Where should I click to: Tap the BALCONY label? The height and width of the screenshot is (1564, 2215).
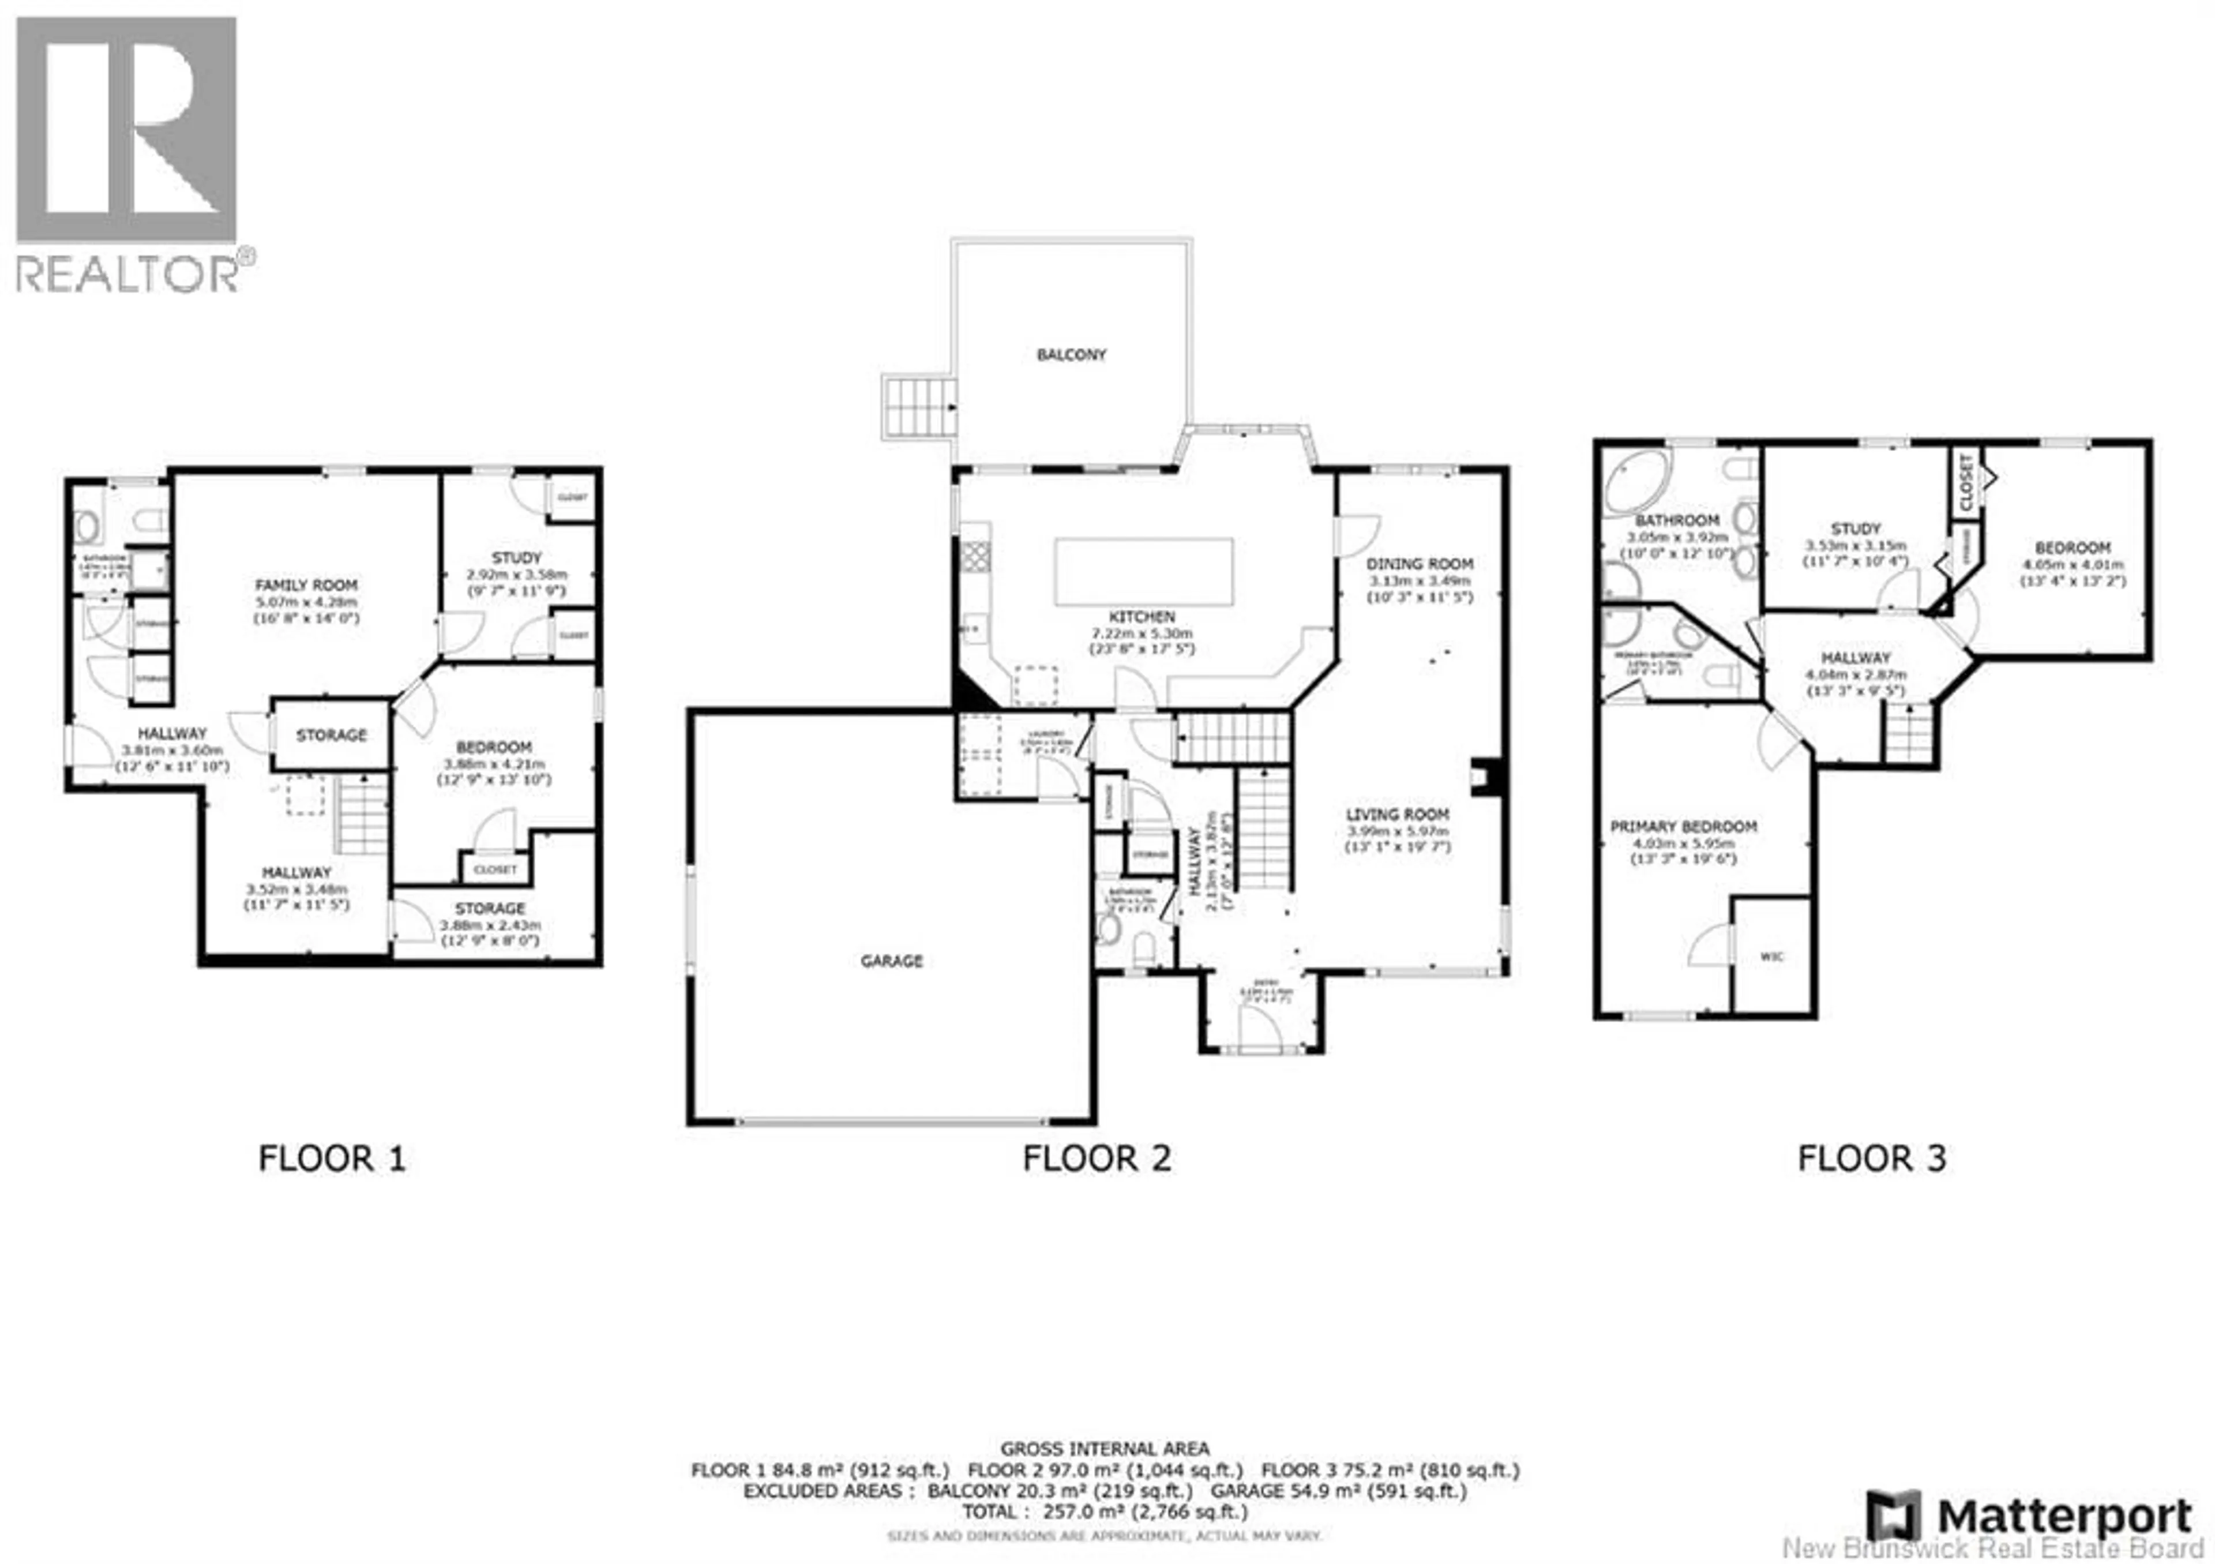[1071, 354]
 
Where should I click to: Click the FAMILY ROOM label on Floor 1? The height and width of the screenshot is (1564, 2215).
[306, 584]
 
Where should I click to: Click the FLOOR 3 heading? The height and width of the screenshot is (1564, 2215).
[1872, 1158]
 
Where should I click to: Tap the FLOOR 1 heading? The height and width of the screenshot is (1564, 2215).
[332, 1158]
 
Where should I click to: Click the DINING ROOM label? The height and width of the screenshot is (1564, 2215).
[1419, 564]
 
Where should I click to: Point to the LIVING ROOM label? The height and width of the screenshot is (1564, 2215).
[1398, 815]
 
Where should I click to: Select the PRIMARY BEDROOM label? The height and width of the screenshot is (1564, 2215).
[1683, 826]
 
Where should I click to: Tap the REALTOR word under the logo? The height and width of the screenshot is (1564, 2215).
[127, 275]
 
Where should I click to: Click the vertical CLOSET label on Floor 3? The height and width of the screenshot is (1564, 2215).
[1965, 482]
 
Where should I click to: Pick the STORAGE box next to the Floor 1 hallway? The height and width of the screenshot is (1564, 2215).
[331, 735]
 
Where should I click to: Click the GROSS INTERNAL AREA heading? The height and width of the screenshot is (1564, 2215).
[1105, 1448]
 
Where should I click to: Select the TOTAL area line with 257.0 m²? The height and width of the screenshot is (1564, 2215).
[1105, 1511]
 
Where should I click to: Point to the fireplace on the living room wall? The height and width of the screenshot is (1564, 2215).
[1481, 777]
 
